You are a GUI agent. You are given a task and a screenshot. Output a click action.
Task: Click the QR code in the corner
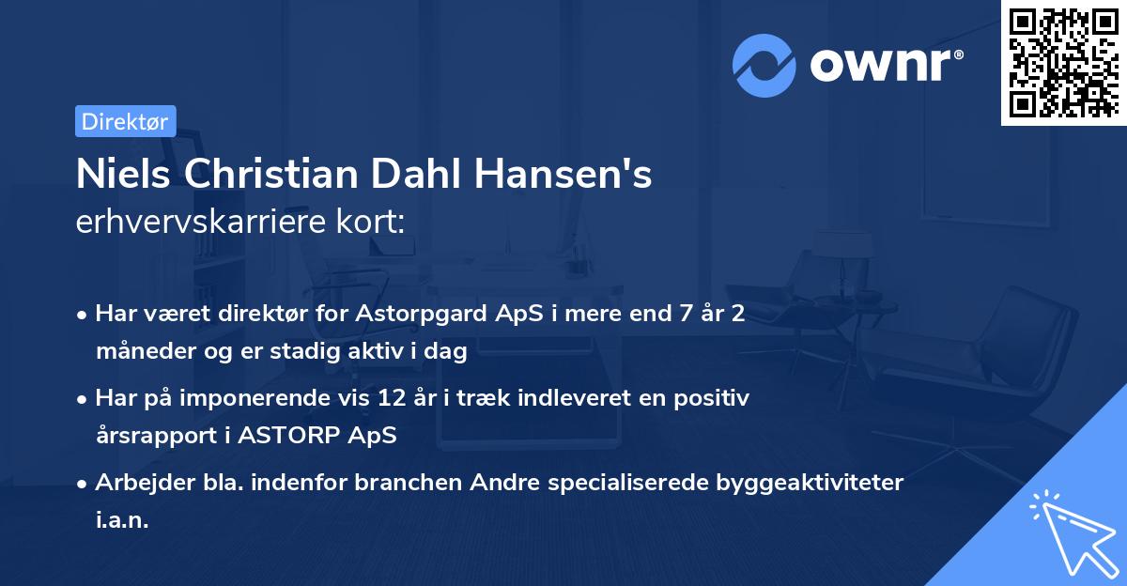click(x=1063, y=63)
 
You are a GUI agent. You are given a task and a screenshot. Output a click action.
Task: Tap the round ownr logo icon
click(x=764, y=66)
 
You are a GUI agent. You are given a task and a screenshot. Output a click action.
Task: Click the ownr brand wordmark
click(x=885, y=65)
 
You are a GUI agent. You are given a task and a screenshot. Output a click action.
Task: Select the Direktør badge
click(x=125, y=121)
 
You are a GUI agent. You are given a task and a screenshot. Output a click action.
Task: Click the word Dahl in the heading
click(x=436, y=175)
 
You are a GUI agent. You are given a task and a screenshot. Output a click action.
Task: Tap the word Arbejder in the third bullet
click(x=136, y=483)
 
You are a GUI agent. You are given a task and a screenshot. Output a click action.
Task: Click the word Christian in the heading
click(x=282, y=175)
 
